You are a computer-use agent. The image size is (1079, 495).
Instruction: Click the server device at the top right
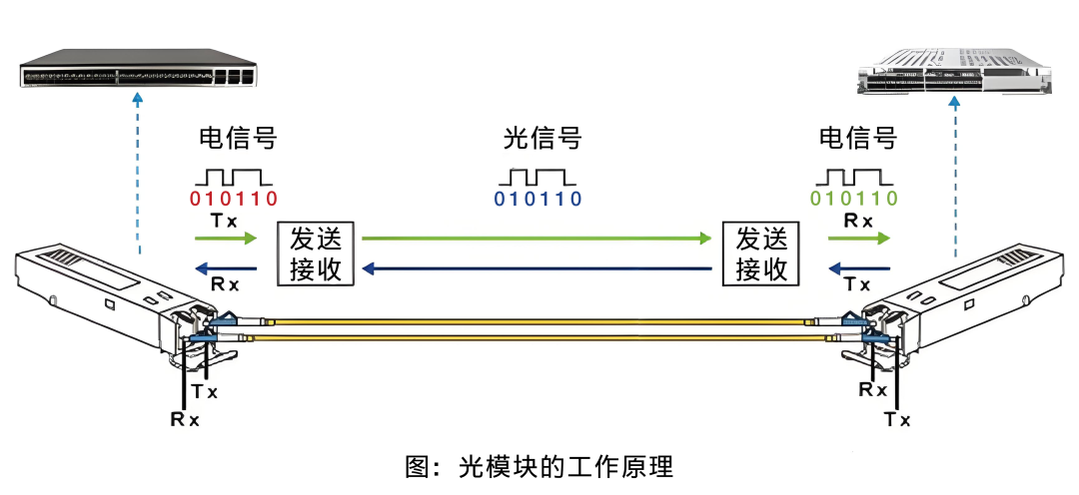(957, 74)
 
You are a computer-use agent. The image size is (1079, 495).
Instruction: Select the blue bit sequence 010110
(539, 199)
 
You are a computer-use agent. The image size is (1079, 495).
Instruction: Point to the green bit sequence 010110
(854, 198)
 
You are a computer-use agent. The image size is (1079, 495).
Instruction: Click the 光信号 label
(541, 139)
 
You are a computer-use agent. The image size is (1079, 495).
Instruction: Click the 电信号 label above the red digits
(237, 138)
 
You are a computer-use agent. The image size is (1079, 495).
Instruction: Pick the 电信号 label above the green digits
(857, 138)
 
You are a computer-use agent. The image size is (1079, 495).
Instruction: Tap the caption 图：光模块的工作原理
(539, 466)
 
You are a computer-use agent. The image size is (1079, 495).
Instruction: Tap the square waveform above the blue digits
(538, 176)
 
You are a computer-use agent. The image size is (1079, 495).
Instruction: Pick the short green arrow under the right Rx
(858, 240)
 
